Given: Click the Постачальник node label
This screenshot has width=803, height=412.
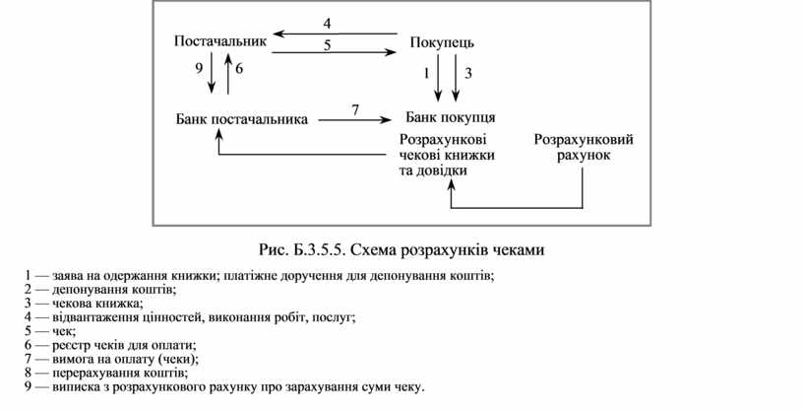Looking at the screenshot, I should (x=219, y=41).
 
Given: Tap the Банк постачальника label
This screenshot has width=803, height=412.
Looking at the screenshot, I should (x=242, y=119).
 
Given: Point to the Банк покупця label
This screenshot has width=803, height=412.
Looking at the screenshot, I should (x=450, y=118).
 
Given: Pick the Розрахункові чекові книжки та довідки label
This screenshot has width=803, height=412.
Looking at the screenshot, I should (x=448, y=155).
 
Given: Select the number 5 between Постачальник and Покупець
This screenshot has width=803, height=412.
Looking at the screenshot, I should (x=327, y=44).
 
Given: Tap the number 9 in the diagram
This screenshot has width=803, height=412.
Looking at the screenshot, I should (x=199, y=69).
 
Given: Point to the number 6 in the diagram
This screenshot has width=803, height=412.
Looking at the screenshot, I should (x=239, y=69).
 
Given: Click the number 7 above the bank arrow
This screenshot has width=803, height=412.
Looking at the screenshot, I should (x=354, y=108).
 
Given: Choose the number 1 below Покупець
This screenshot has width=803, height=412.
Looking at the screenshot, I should (x=427, y=73).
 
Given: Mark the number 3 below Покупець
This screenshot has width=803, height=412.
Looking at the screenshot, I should (x=468, y=73).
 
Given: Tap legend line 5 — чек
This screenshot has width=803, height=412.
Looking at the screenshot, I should (x=65, y=331).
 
